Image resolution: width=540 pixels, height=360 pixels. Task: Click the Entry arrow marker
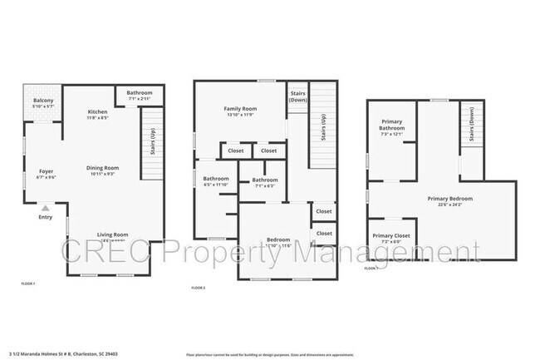point(45,208)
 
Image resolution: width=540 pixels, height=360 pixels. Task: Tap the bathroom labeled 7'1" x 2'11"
point(140,92)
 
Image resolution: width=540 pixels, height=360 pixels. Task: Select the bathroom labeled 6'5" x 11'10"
point(216,179)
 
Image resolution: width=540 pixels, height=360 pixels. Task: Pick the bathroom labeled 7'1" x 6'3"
point(265,180)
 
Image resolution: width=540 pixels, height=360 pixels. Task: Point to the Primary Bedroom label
point(450,199)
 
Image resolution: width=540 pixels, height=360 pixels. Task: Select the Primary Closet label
point(391,236)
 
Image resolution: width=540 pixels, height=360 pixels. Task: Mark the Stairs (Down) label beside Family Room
point(297,96)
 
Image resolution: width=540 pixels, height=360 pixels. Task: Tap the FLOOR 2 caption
point(199,288)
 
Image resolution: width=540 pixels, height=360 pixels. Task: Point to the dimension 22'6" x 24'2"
point(450,205)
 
